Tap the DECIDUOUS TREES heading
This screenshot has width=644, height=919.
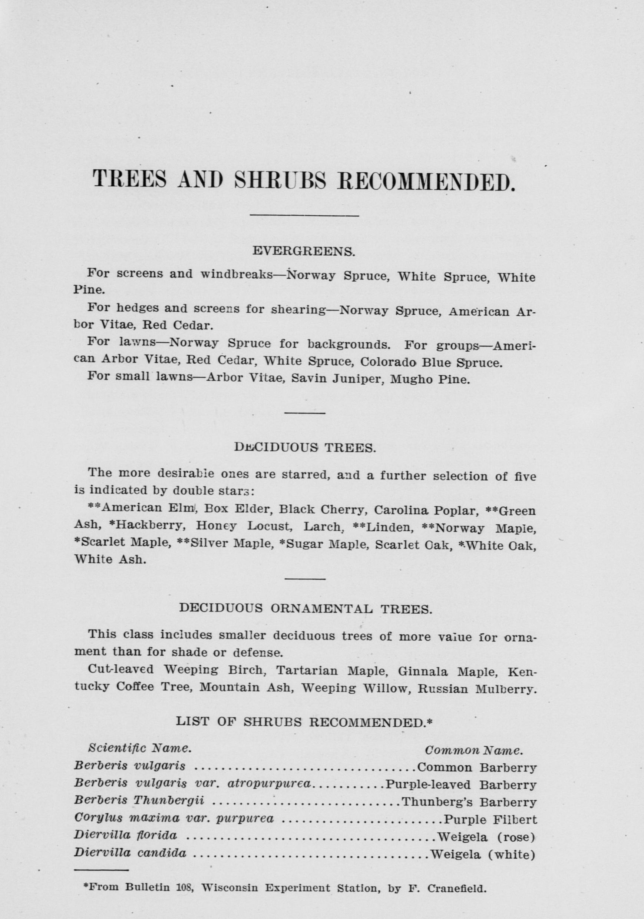coord(305,448)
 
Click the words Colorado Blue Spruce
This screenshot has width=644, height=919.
coord(430,362)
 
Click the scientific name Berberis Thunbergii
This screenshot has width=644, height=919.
coord(139,800)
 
